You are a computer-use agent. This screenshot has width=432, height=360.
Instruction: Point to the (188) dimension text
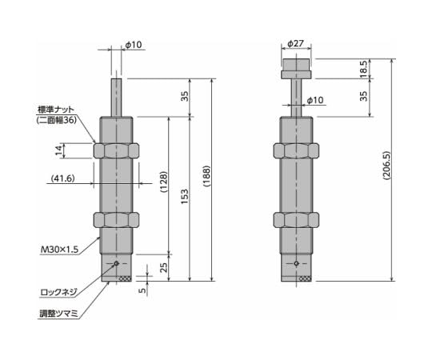207,180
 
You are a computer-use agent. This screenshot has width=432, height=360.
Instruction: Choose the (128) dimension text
163,183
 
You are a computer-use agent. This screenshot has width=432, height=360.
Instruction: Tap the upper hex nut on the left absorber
117,150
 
